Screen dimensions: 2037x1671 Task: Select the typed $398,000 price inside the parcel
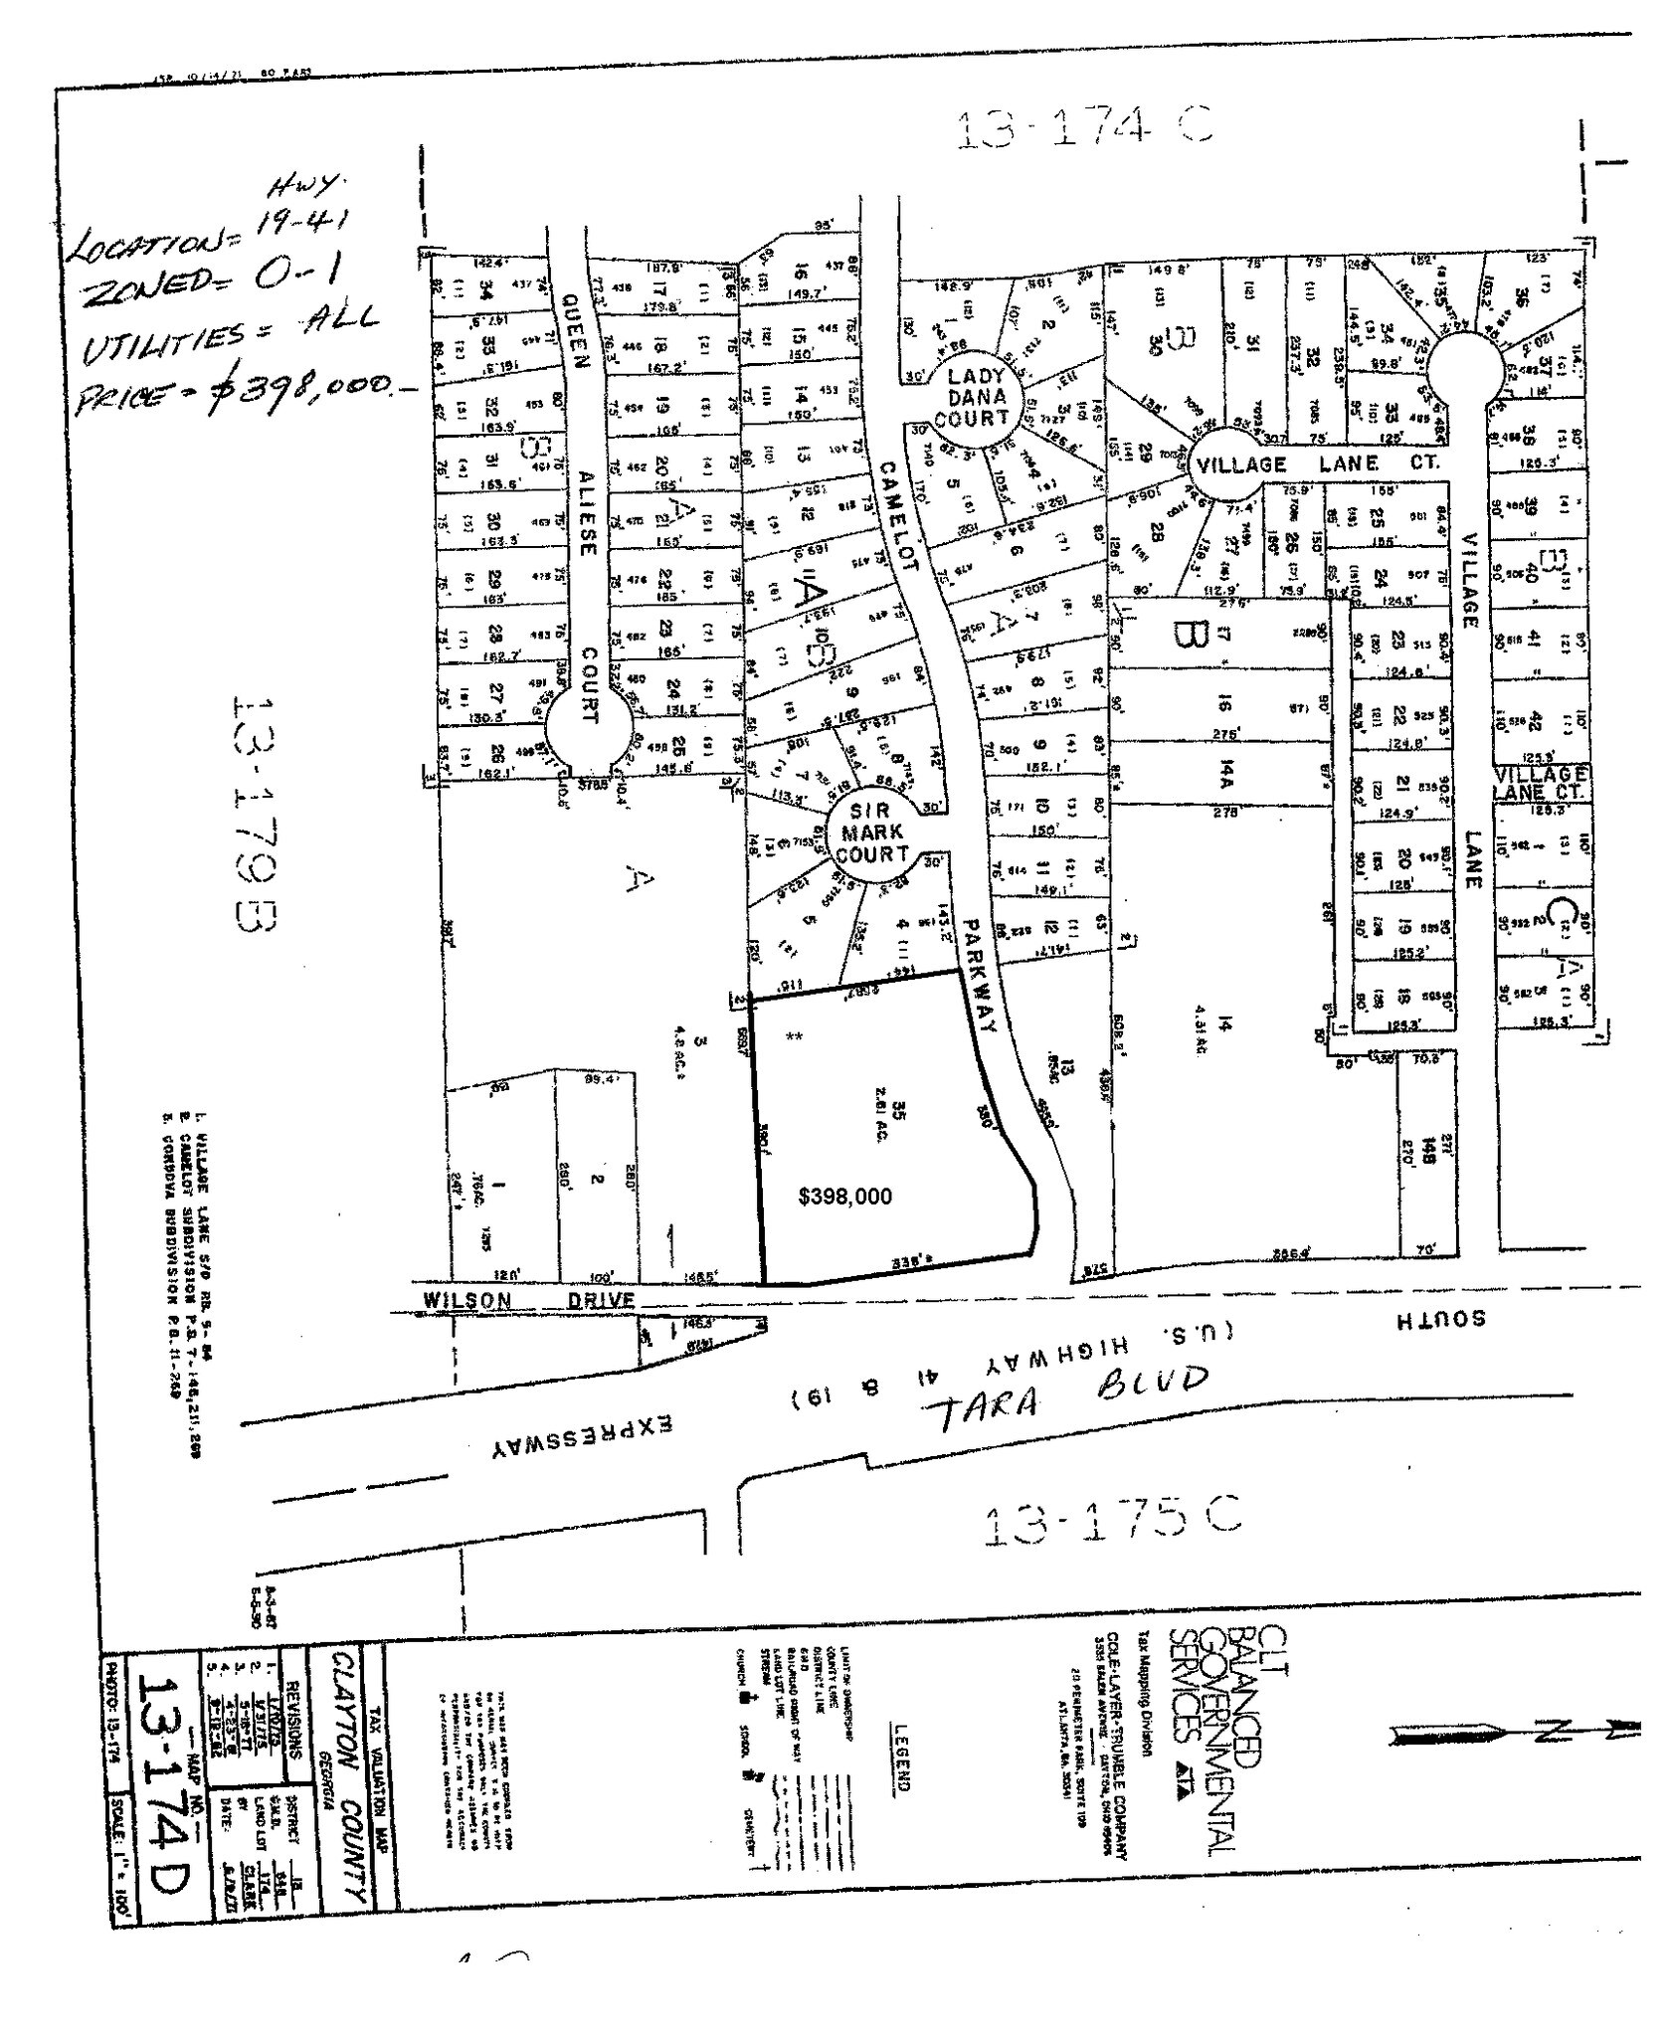[844, 1197]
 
